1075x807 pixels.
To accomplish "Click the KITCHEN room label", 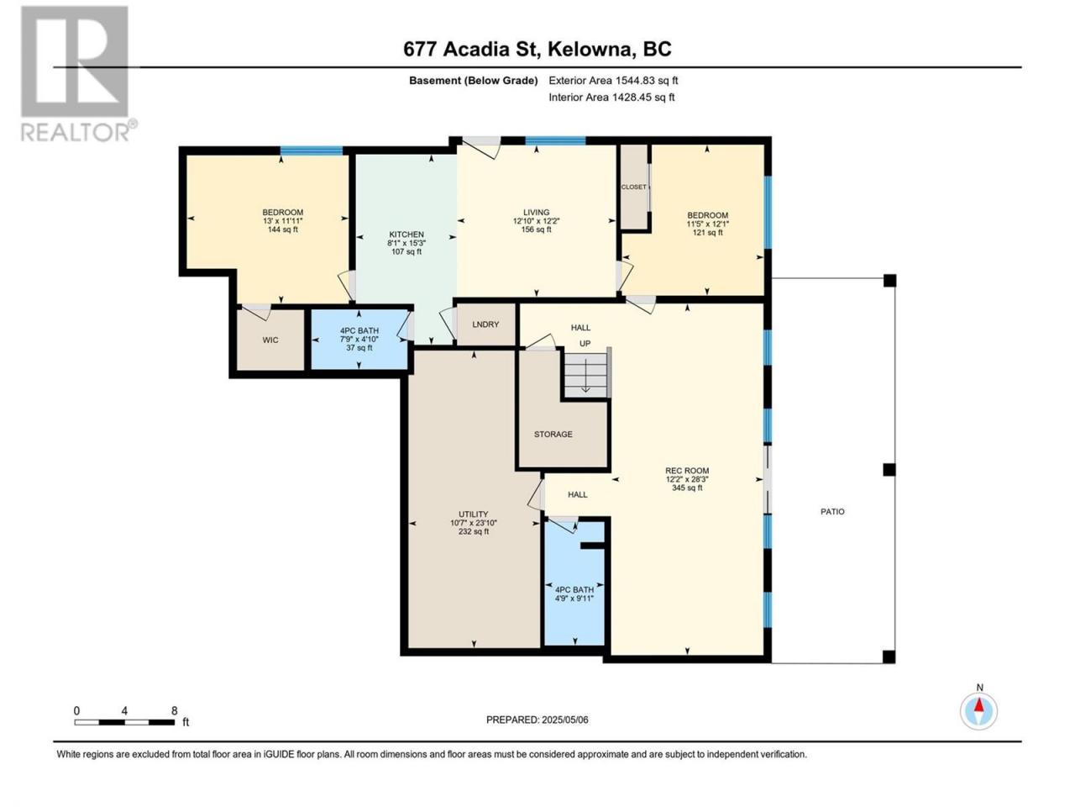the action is [x=406, y=235].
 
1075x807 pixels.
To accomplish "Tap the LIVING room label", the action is [x=536, y=212].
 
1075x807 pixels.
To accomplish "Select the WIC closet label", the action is [x=270, y=340].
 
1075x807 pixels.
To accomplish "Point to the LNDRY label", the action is [x=485, y=324].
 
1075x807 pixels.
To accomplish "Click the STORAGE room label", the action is [x=553, y=434].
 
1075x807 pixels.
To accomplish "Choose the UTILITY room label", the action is [x=473, y=514].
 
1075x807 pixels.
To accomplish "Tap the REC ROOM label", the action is [x=687, y=471].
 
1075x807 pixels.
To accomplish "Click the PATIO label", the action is [x=832, y=512].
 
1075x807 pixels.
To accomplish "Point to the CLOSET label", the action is [x=634, y=187].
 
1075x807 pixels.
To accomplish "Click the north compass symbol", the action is [x=978, y=711].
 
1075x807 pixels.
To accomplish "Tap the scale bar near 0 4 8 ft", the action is [x=124, y=722].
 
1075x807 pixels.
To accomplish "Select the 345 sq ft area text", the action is [x=687, y=488].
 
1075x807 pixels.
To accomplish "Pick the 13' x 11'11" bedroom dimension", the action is [x=282, y=221].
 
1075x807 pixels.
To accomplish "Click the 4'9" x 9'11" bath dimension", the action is [x=574, y=599].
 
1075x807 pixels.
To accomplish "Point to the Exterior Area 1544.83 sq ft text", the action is [x=613, y=81].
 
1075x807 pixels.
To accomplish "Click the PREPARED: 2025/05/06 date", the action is [x=537, y=720].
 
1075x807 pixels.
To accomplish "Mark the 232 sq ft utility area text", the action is [x=473, y=531].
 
